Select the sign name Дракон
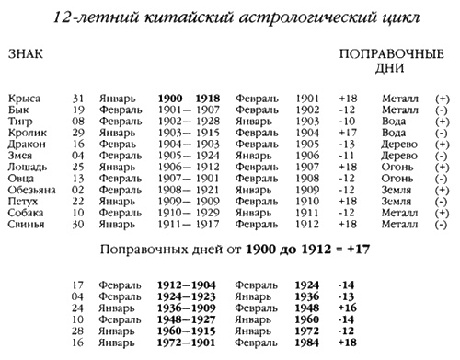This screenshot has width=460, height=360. (26, 145)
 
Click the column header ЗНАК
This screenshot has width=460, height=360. (23, 55)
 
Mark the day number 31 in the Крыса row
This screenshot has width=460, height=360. (80, 97)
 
